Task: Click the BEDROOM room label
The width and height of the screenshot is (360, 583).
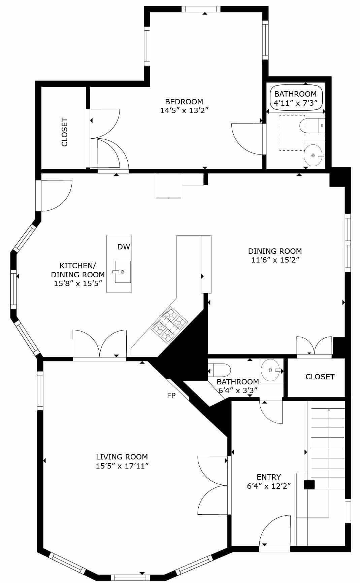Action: pos(184,101)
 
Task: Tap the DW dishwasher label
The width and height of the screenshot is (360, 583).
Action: pos(124,247)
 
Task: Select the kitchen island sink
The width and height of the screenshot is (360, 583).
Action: pos(123,272)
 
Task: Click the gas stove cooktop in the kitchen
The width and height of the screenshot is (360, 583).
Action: pos(169,325)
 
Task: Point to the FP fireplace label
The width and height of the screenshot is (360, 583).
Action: pos(171,396)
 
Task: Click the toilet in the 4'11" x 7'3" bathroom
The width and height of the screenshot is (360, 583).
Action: pos(312,126)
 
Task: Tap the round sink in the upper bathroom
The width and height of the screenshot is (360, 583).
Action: pos(314,155)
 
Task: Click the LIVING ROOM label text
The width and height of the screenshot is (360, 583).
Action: pos(122,457)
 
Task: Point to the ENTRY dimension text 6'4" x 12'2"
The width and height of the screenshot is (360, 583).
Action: pos(269,486)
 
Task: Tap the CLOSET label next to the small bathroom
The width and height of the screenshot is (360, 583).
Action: pos(320,377)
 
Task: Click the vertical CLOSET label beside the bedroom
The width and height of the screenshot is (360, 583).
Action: pos(65,132)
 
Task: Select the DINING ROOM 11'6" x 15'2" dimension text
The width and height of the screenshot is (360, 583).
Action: pos(275,260)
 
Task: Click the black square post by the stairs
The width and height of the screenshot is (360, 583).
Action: pos(309,485)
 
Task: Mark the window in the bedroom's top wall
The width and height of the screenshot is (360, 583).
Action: pos(201,9)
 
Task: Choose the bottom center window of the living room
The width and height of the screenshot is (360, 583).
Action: pos(130,578)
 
